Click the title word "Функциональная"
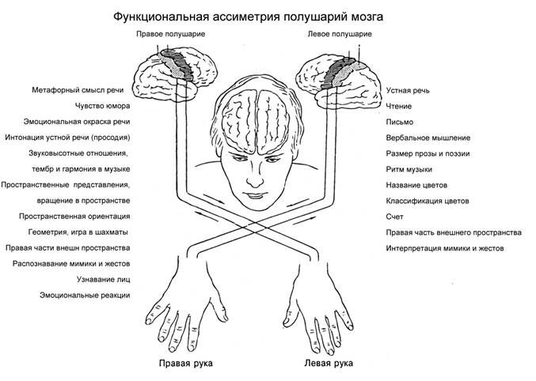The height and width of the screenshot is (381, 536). coord(161,16)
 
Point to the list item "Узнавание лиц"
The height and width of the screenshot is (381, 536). coord(103,279)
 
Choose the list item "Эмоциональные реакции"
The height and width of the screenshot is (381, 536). coord(85,295)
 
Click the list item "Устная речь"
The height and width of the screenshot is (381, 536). coord(409,91)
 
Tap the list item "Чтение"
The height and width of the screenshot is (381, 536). coord(398,107)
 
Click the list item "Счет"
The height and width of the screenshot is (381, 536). coord(395,217)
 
